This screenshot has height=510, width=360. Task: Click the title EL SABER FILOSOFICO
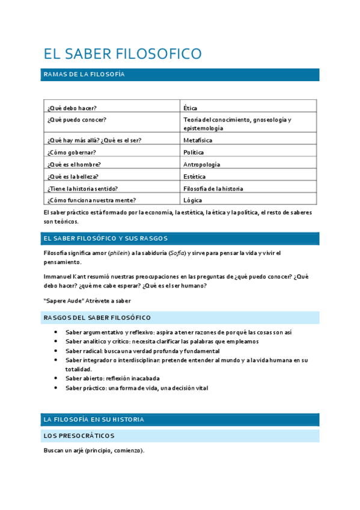[123, 54]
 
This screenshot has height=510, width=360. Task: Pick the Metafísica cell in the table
[198, 140]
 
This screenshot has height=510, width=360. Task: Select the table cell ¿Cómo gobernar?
[72, 152]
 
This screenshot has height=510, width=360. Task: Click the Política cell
[194, 152]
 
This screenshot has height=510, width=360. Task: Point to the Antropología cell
[201, 164]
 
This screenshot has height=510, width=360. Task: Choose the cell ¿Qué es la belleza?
[73, 176]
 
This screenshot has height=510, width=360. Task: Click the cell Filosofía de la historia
[213, 188]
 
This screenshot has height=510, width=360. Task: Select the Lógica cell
[192, 200]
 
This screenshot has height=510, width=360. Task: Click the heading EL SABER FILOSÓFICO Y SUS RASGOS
[105, 238]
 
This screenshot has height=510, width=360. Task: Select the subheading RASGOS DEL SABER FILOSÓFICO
[97, 318]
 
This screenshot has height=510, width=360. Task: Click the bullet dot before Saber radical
[56, 351]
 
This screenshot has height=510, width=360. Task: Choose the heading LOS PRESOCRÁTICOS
[79, 435]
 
